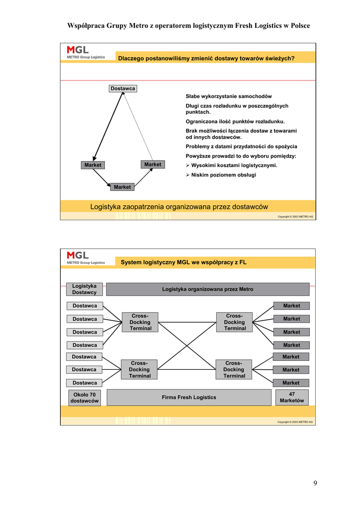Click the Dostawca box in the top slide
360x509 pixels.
[x=123, y=88]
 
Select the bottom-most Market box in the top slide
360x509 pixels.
[x=122, y=187]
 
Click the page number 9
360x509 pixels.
[x=315, y=483]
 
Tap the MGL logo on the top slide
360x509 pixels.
[x=86, y=52]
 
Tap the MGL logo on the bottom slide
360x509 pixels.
[x=86, y=257]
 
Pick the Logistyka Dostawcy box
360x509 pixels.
[x=84, y=289]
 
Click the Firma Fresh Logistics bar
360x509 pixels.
[x=189, y=397]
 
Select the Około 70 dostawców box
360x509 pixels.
[x=84, y=398]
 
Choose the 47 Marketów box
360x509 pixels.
[x=292, y=397]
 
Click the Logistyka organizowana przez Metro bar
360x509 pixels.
[x=207, y=289]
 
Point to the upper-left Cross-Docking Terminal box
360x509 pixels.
[x=140, y=322]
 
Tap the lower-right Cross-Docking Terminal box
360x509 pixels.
[x=234, y=369]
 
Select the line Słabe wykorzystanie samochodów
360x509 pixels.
[x=228, y=96]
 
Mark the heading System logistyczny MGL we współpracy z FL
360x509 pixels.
[x=183, y=262]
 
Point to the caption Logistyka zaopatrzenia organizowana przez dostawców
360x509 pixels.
[x=179, y=207]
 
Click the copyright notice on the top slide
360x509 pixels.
[x=295, y=217]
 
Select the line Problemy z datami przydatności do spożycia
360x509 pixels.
[x=241, y=147]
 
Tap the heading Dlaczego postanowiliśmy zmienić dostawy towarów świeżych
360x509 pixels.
[x=206, y=58]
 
